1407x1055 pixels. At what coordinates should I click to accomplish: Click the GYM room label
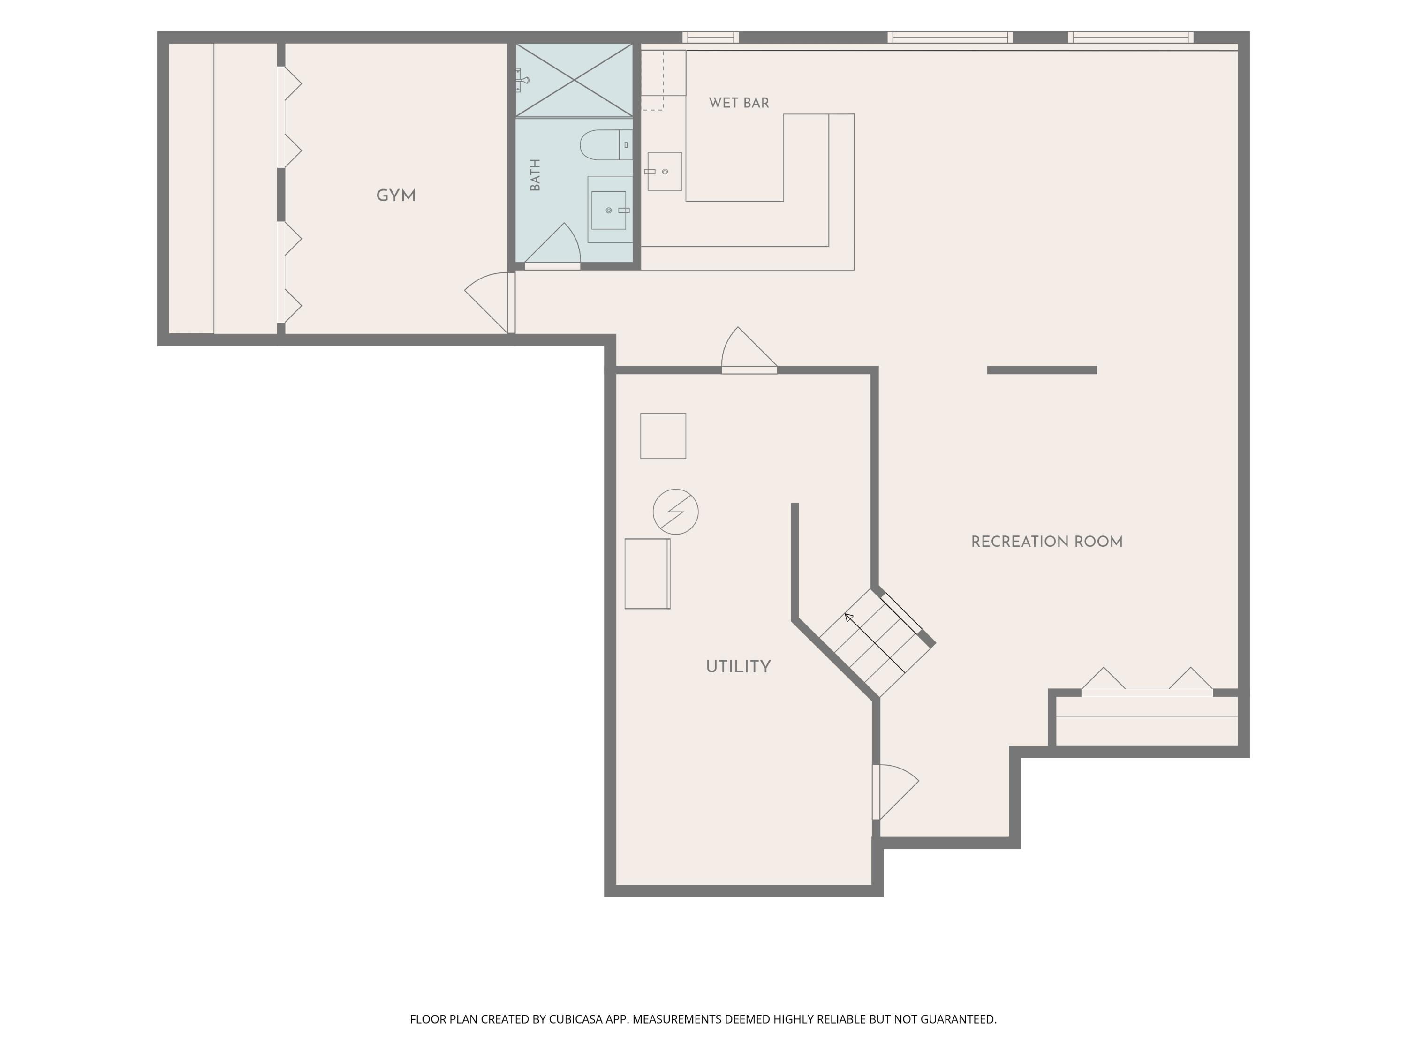(396, 196)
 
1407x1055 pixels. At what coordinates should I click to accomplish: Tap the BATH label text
(535, 175)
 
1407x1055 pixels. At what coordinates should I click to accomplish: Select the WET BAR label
(739, 103)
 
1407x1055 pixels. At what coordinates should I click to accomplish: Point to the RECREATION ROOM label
(1046, 542)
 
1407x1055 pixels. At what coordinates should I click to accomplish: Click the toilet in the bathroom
(606, 145)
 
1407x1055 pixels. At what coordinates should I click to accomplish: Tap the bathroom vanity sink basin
(609, 211)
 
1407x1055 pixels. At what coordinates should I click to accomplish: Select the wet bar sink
(665, 172)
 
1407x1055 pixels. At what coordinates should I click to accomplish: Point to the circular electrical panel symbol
(675, 511)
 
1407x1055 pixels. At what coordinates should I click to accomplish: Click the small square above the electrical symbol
(663, 436)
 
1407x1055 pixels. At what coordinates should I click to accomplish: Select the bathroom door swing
(552, 245)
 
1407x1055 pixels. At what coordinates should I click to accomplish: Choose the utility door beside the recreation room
(895, 792)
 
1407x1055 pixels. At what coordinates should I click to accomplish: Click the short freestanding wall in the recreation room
(1042, 370)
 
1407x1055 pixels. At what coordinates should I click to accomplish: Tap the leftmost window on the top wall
(711, 38)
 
